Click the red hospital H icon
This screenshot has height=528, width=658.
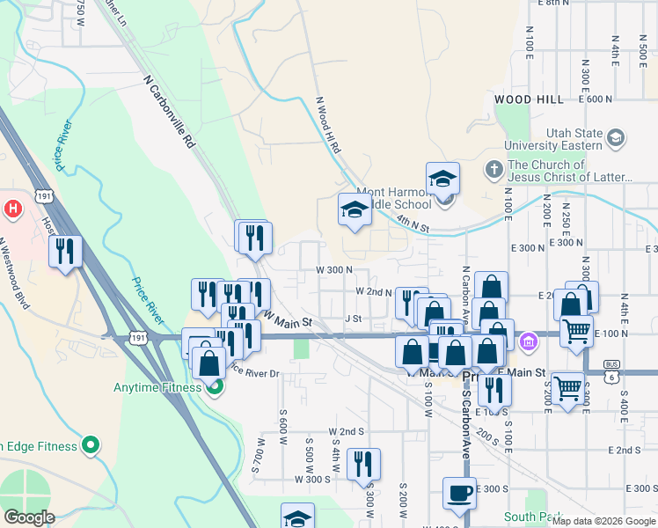(13, 209)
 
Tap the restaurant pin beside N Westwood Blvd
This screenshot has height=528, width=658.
(65, 252)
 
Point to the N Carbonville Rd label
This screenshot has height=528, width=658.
(168, 110)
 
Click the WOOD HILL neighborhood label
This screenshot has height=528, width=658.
(530, 99)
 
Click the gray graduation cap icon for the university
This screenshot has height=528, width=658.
(615, 137)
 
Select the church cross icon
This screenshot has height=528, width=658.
(494, 167)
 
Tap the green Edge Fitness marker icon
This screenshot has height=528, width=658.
(90, 446)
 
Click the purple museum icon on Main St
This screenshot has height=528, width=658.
(528, 341)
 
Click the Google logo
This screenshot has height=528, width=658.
(29, 517)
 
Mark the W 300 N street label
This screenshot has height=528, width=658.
(334, 270)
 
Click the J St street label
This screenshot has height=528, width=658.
(354, 318)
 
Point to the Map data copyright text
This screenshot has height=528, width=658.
(603, 521)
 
